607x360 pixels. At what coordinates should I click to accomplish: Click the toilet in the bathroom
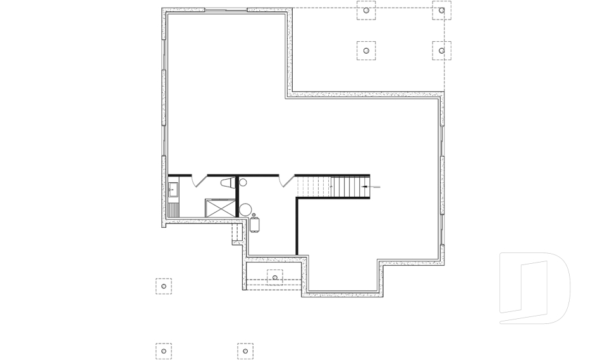[226, 183]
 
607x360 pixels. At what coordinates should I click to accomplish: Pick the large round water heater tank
[245, 209]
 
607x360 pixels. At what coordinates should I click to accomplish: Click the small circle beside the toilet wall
[243, 182]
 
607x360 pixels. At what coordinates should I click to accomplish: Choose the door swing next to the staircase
[288, 180]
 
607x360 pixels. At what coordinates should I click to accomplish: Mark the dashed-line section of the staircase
[314, 187]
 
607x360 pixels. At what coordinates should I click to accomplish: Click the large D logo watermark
[534, 288]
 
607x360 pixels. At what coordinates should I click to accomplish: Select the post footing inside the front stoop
[275, 277]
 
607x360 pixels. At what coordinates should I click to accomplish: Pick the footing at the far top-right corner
[441, 11]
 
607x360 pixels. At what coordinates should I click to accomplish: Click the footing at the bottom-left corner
[164, 351]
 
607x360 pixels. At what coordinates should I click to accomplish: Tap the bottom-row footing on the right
[245, 351]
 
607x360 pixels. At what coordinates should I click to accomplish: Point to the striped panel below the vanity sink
[174, 208]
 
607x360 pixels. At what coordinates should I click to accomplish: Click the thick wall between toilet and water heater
[236, 196]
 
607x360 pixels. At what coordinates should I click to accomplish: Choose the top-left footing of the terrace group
[365, 11]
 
